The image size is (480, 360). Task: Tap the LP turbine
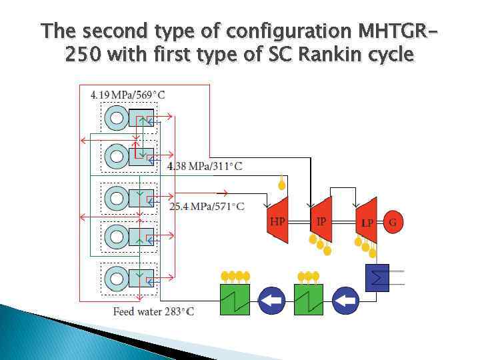coord(366,221)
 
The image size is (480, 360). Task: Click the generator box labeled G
coord(393,222)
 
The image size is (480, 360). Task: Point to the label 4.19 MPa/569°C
coord(127,95)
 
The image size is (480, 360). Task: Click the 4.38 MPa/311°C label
coord(205,166)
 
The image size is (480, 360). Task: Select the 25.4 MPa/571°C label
coord(207,207)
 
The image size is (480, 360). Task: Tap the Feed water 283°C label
coord(153,311)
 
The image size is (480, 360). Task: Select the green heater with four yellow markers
coord(235,299)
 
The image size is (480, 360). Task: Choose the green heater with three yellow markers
coord(309,299)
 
